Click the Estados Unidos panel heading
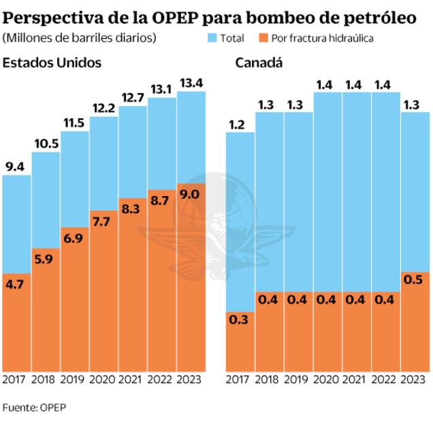(52, 63)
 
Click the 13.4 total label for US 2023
(191, 83)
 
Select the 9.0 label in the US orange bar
(191, 195)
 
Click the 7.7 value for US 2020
(103, 222)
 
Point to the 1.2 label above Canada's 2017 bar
(240, 124)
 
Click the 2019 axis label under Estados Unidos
(74, 380)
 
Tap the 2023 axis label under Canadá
(415, 380)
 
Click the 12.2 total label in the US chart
(103, 108)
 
